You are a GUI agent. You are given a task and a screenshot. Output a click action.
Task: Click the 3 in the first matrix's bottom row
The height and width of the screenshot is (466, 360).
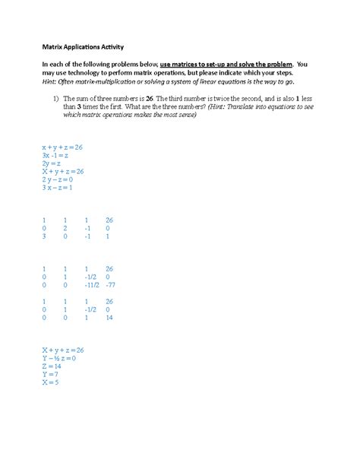click(45, 236)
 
